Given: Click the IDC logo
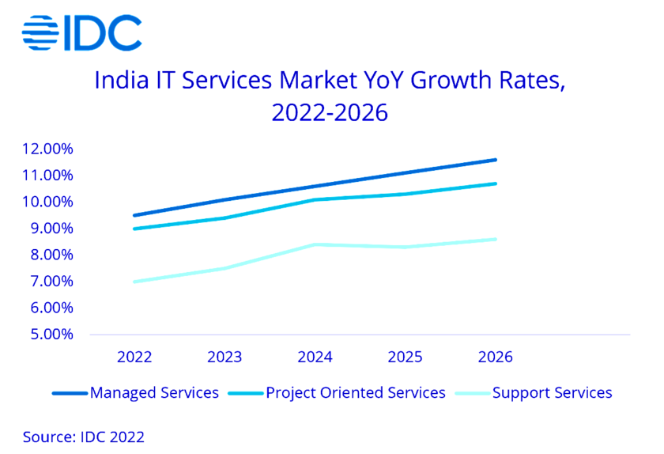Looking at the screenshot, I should pyautogui.click(x=81, y=32).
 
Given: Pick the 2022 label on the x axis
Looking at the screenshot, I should pyautogui.click(x=134, y=358).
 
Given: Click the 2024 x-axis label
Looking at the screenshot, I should pyautogui.click(x=315, y=358).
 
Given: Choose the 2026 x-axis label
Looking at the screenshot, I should pyautogui.click(x=495, y=358).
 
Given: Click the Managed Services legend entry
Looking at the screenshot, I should pyautogui.click(x=154, y=393).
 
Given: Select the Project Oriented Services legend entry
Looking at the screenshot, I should pyautogui.click(x=356, y=393).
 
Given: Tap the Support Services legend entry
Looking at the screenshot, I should pyautogui.click(x=552, y=393).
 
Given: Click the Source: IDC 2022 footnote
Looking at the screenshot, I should pyautogui.click(x=84, y=436).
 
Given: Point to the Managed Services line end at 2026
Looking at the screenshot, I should pyautogui.click(x=495, y=160).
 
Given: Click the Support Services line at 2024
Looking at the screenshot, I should pyautogui.click(x=315, y=244).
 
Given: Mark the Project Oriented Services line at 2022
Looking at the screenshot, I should pyautogui.click(x=134, y=229).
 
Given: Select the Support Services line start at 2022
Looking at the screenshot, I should pyautogui.click(x=134, y=282).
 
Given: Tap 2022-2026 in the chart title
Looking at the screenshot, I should pyautogui.click(x=330, y=113).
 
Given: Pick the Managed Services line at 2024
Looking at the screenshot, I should pyautogui.click(x=315, y=187).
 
